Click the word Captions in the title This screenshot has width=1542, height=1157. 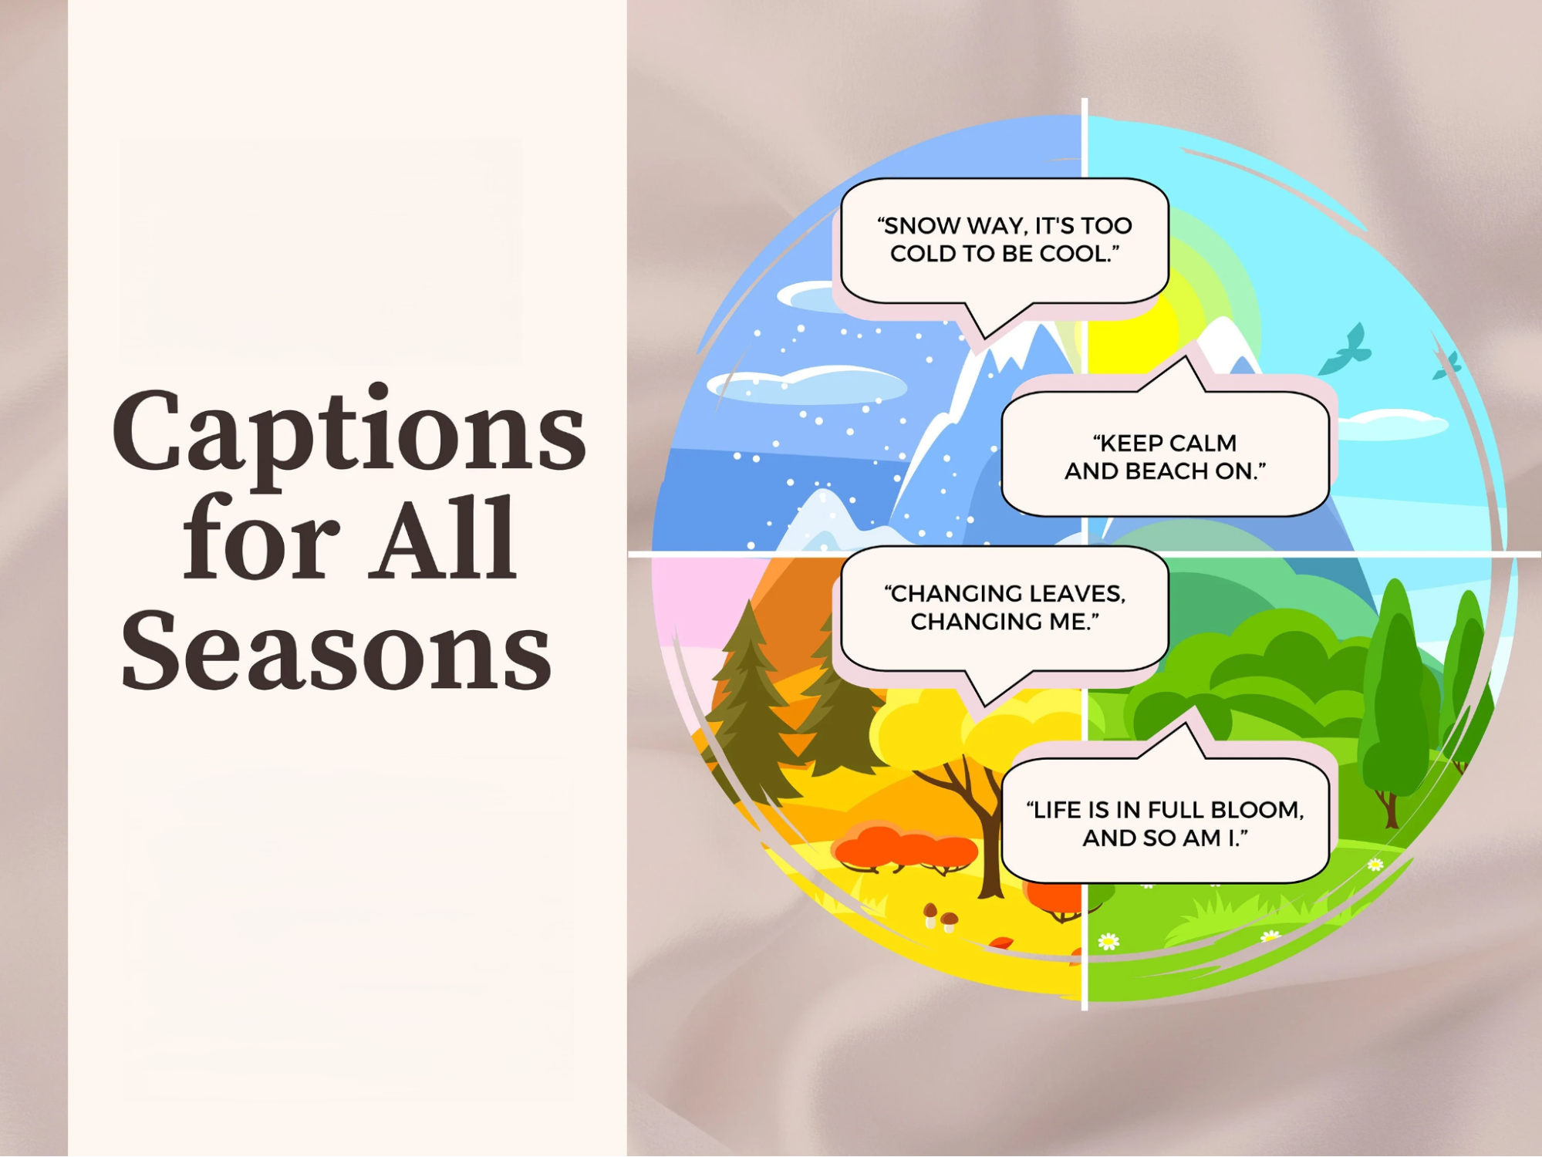click(x=349, y=433)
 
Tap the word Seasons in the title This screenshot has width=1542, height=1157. click(x=336, y=649)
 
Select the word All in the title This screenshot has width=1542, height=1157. click(x=442, y=540)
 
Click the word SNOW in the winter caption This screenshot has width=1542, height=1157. click(x=918, y=226)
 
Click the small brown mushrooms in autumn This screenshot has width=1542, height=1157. click(x=940, y=916)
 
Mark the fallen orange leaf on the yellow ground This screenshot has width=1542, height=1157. click(x=1000, y=943)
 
